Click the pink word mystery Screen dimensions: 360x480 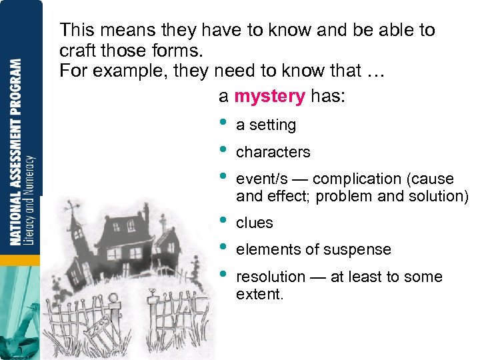269,97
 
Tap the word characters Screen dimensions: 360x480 273,153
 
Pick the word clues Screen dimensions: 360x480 255,223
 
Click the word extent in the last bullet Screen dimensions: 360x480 259,293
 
